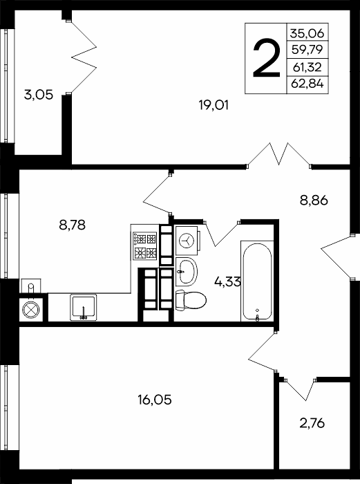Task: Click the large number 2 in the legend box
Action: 266,58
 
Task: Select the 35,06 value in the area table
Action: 307,32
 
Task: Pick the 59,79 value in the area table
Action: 307,49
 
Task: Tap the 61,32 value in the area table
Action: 307,66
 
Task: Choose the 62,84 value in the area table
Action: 307,84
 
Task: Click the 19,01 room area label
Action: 214,106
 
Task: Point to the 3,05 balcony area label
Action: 39,95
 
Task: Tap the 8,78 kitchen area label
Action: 72,225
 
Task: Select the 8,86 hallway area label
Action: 314,201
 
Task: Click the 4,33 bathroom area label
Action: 227,281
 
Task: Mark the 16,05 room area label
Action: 155,400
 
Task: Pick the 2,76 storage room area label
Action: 312,423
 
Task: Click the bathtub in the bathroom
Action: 257,281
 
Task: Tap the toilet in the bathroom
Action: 191,300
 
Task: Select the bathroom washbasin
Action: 187,271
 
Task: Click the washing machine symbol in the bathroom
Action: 187,240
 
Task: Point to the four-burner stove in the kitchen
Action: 144,245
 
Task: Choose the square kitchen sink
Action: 84,307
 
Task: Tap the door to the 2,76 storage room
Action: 301,389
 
